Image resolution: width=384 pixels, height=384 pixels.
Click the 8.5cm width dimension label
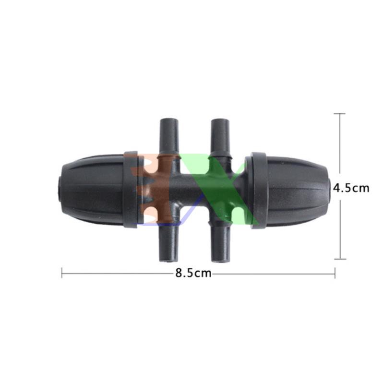tap(193, 273)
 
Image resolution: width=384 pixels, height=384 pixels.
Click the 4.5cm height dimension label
tap(351, 188)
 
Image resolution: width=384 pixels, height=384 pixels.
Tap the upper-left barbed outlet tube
tap(168, 138)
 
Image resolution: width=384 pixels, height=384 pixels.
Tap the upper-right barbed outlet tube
tap(220, 138)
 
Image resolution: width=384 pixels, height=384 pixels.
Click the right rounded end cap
tap(298, 190)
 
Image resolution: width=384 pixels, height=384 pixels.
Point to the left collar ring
tap(130, 190)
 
